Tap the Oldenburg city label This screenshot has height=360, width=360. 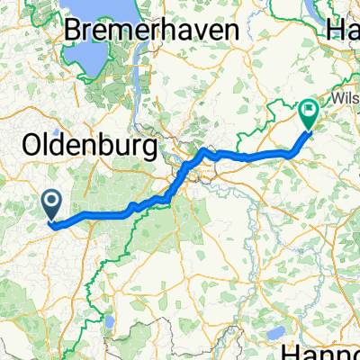tap(87, 144)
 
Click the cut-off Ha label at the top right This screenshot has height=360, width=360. tap(346, 29)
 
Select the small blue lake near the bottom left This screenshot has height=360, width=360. tap(108, 321)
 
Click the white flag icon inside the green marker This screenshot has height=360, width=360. tap(309, 112)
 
